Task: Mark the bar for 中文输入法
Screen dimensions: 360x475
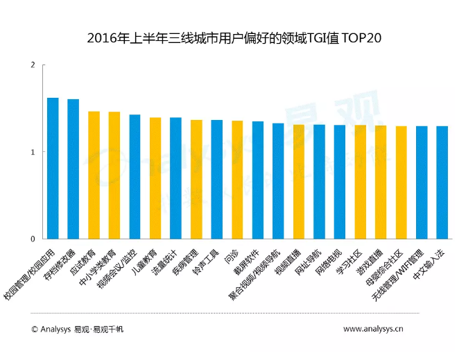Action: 442,183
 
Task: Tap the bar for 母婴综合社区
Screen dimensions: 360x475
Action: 401,183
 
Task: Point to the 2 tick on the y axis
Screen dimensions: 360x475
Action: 33,65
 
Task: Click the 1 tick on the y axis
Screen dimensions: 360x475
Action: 33,152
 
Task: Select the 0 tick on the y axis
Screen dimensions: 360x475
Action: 33,239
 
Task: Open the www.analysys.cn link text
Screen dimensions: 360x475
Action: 374,329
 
